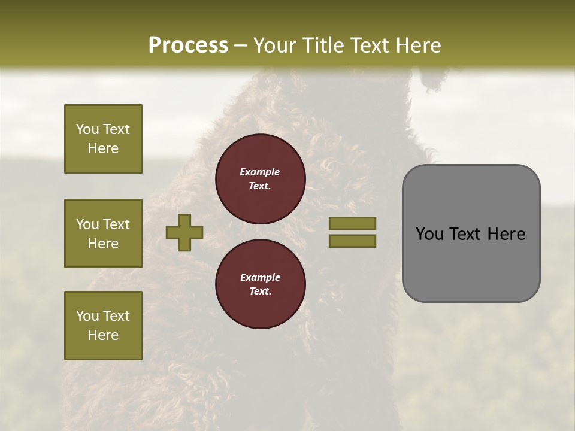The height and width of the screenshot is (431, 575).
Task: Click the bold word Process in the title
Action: click(x=188, y=45)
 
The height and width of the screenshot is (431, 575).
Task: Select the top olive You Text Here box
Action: click(x=103, y=139)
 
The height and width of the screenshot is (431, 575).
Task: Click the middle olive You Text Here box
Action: click(x=103, y=233)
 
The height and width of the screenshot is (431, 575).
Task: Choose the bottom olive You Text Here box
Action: click(x=103, y=326)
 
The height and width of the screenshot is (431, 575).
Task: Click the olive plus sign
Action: click(x=184, y=232)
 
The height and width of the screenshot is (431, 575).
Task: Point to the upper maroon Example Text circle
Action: click(x=260, y=178)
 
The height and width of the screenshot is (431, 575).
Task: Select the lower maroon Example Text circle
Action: click(x=260, y=284)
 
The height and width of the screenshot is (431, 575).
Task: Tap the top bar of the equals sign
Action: click(x=352, y=223)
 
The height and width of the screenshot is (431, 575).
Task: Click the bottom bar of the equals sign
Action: click(x=352, y=241)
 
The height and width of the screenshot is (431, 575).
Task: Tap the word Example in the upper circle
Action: click(x=260, y=172)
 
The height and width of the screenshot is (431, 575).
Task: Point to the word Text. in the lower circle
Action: click(x=260, y=291)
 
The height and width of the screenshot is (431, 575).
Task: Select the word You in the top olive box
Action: click(x=87, y=129)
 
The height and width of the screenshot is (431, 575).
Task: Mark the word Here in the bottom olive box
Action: click(x=103, y=335)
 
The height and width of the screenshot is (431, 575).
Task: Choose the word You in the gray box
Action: click(x=429, y=234)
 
